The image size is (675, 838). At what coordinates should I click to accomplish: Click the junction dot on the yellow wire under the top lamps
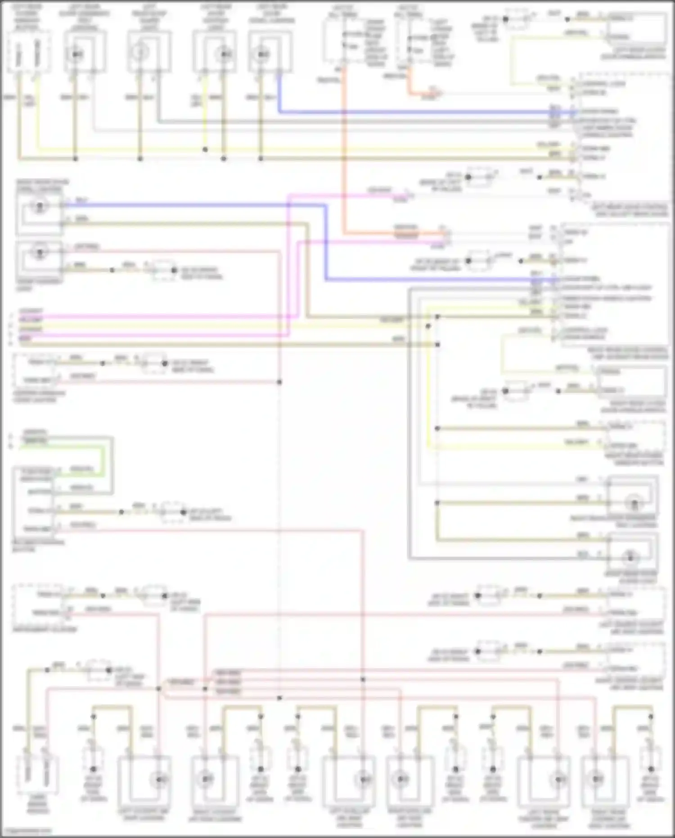(205, 149)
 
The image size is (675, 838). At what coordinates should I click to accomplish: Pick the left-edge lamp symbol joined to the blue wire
(39, 207)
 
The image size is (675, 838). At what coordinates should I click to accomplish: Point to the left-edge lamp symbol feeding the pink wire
(39, 252)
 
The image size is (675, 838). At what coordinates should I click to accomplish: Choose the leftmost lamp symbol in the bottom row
(158, 779)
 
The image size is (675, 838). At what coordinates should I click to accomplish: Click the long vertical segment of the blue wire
(324, 243)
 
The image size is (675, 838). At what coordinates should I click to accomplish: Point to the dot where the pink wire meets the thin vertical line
(279, 382)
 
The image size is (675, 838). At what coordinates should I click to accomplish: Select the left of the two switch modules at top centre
(343, 41)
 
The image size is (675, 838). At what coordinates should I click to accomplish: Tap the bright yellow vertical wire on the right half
(427, 383)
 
